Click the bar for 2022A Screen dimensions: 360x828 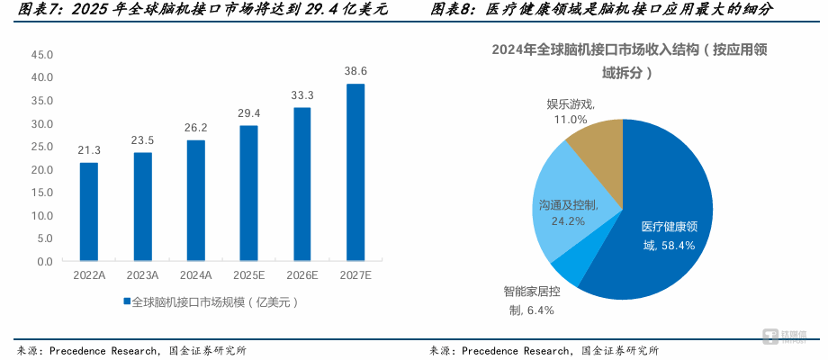(x=89, y=211)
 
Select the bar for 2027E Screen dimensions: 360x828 (x=355, y=172)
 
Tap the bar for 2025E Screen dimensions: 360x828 (x=248, y=193)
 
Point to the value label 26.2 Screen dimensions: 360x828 (x=196, y=128)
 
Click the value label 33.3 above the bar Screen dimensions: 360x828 (x=302, y=95)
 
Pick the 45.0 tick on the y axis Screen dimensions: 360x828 (x=42, y=55)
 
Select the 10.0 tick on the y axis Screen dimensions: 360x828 (x=42, y=215)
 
